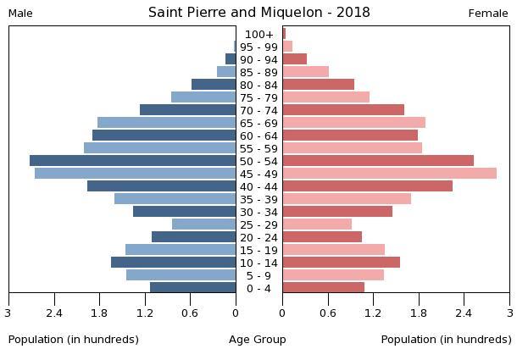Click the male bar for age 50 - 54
click(132, 161)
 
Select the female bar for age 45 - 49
click(389, 174)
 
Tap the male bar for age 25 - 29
click(203, 224)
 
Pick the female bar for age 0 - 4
click(323, 288)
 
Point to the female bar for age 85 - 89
click(305, 72)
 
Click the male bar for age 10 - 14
click(173, 263)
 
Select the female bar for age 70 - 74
click(343, 110)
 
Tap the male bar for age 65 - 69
click(166, 123)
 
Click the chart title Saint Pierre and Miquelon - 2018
click(258, 13)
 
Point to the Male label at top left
click(20, 14)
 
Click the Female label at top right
click(488, 14)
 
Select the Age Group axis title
click(258, 340)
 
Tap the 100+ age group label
click(258, 34)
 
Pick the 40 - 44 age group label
click(258, 186)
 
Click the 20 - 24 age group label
click(258, 237)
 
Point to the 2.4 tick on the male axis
click(54, 313)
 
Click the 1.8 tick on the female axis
click(419, 313)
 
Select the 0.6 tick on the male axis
click(190, 313)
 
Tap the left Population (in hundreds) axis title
click(74, 340)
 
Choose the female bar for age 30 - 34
click(337, 212)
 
